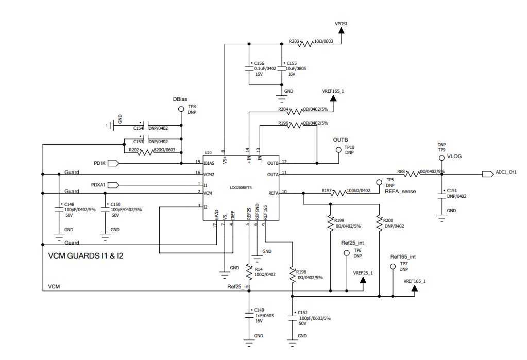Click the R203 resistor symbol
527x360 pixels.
(306, 44)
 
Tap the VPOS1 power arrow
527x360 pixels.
(342, 30)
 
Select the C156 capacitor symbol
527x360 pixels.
(249, 68)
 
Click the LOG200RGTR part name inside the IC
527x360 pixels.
(241, 187)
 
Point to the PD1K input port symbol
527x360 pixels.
(113, 163)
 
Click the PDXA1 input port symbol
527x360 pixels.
(113, 185)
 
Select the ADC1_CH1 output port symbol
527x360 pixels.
(488, 174)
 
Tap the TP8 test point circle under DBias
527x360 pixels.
(181, 109)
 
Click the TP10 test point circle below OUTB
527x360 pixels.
(339, 150)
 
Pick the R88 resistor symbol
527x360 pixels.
(412, 174)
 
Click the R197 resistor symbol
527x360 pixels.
(338, 193)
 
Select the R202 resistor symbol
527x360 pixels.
(146, 152)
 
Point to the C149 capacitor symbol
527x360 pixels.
(249, 316)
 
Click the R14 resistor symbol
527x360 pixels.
(249, 272)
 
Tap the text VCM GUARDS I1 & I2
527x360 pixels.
(86, 256)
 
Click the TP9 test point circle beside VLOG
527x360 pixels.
(441, 158)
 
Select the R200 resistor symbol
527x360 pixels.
(380, 223)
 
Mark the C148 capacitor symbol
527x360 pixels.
(59, 210)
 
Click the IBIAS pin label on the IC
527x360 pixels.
(209, 163)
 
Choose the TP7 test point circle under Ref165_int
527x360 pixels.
(393, 267)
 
